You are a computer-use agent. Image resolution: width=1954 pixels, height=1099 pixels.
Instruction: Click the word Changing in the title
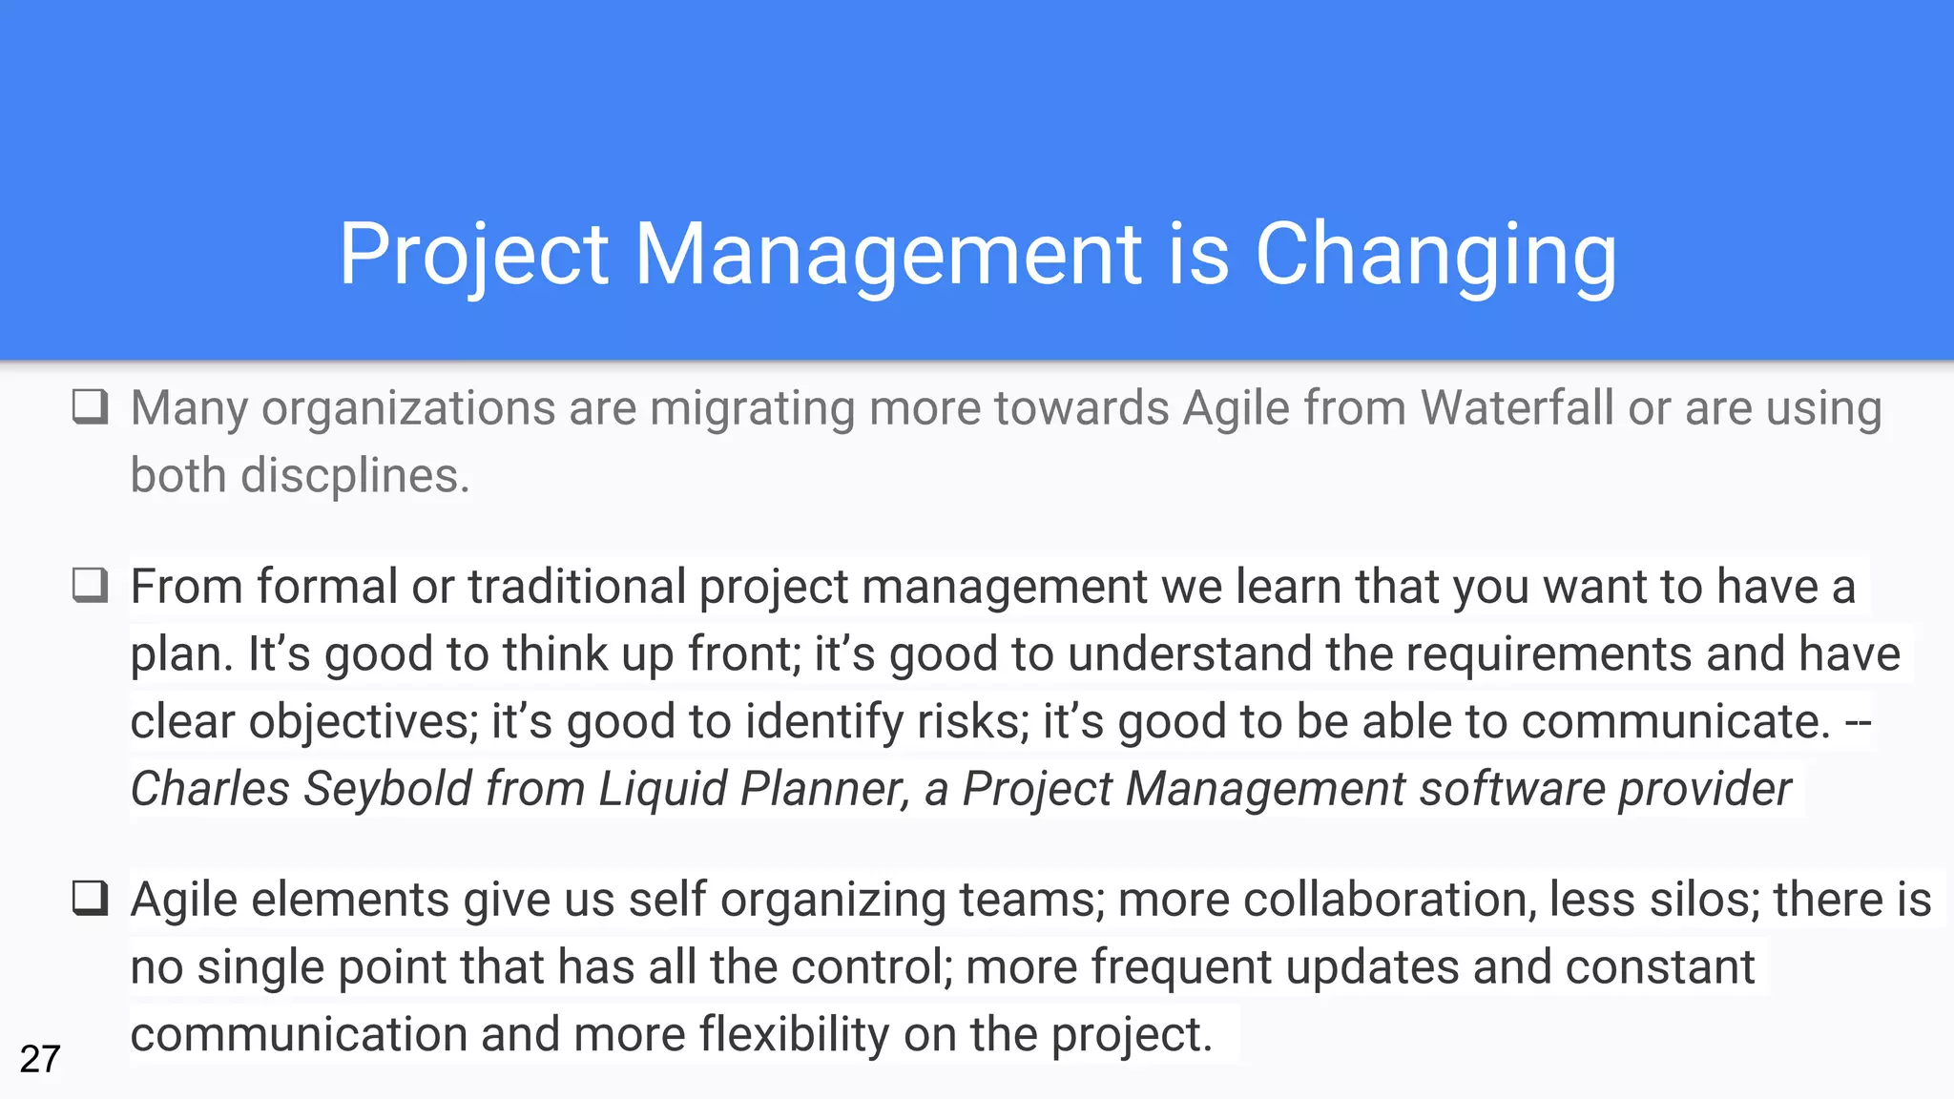(1435, 255)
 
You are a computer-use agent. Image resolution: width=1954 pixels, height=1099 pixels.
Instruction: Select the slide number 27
(40, 1059)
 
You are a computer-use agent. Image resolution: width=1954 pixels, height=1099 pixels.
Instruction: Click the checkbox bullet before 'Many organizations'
(91, 406)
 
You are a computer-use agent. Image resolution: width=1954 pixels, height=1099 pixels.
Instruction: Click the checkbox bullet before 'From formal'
(91, 585)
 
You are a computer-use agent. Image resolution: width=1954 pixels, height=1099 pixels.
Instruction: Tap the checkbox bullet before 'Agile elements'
(91, 898)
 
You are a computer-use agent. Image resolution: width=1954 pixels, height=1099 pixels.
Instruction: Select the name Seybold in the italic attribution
(386, 789)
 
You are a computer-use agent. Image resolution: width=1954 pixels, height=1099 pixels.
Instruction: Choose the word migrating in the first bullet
(752, 408)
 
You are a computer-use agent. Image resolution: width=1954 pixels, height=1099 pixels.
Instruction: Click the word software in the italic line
(1511, 789)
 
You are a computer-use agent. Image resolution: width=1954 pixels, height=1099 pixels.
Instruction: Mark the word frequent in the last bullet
(1181, 967)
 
